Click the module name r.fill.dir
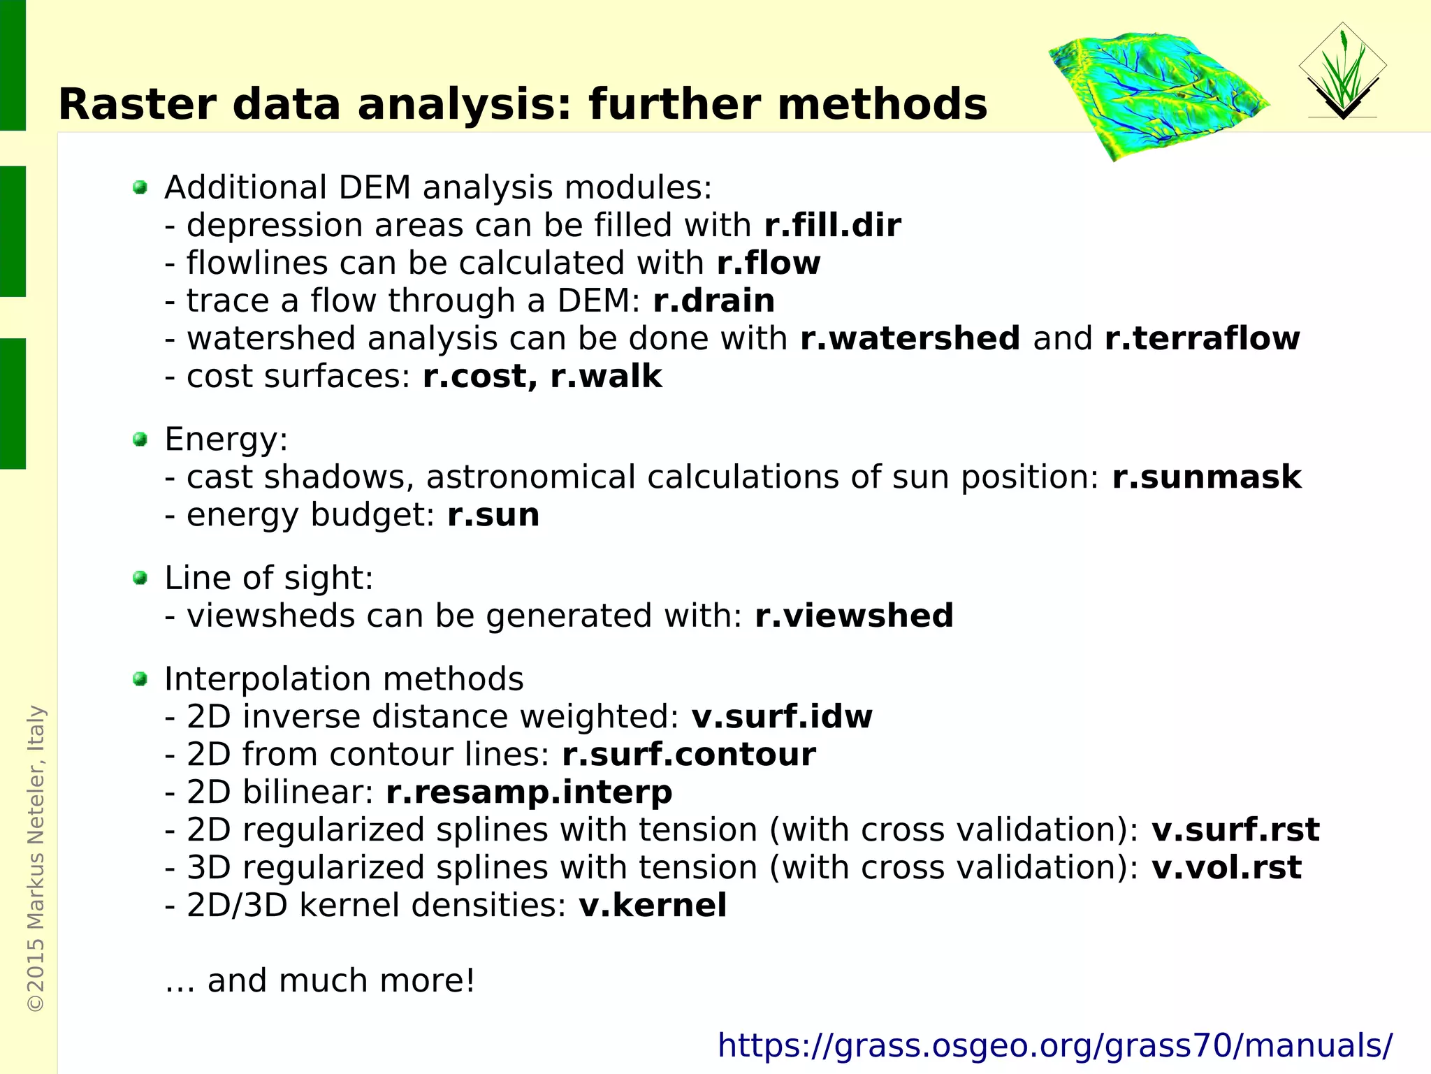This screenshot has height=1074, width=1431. pos(832,226)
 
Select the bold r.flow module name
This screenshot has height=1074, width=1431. pos(768,263)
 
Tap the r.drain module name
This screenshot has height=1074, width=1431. pos(713,301)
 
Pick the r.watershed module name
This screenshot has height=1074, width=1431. pos(910,339)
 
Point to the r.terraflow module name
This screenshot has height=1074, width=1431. pos(1202,339)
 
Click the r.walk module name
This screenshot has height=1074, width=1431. pos(606,377)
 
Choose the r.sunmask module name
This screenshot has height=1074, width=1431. pos(1206,477)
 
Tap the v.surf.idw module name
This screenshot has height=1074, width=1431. pos(781,717)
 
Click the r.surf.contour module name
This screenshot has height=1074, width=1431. pos(688,755)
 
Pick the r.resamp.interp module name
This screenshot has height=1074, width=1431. pos(529,792)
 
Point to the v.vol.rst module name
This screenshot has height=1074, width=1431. pos(1226,868)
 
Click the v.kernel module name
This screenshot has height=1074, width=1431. pos(653,906)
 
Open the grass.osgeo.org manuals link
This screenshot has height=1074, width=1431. pos(1054,1046)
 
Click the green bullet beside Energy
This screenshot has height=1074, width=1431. pos(140,440)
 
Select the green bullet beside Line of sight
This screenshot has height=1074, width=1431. pos(140,578)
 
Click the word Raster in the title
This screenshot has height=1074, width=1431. pos(137,105)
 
